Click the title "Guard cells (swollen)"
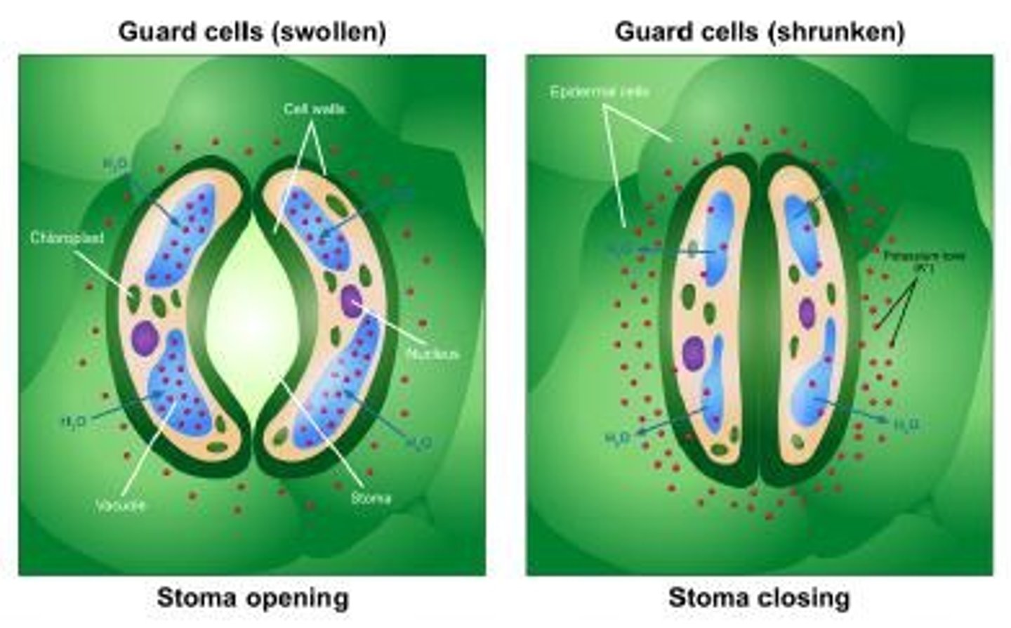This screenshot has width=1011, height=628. (252, 32)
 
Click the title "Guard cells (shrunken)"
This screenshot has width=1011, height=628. (760, 32)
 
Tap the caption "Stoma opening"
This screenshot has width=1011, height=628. (252, 598)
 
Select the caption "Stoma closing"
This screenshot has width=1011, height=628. (759, 598)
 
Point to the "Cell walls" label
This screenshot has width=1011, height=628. (314, 110)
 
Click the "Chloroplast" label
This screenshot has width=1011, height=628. (67, 238)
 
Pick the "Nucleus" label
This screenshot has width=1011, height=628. (432, 354)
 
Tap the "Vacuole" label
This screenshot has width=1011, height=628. (121, 505)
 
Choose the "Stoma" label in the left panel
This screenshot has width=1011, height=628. (371, 498)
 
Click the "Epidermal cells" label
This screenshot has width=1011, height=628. (600, 92)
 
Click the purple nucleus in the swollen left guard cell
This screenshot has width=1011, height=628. (146, 338)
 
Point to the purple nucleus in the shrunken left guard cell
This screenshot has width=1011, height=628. (694, 352)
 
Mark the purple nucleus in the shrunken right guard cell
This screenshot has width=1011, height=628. (807, 313)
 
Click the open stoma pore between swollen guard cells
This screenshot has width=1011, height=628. (253, 316)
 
